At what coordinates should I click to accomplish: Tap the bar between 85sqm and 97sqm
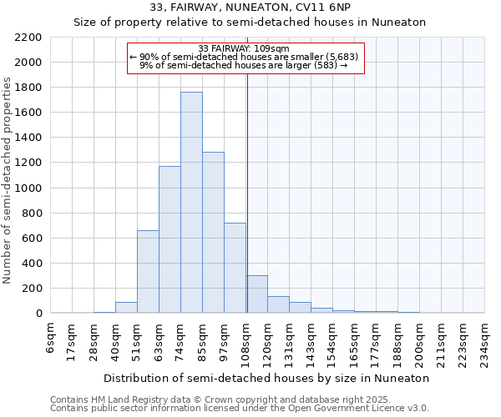click(x=213, y=233)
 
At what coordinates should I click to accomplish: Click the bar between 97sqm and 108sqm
click(x=235, y=268)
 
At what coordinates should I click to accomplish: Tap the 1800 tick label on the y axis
click(x=28, y=88)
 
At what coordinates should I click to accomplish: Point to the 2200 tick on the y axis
click(x=28, y=38)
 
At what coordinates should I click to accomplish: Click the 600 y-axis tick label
click(x=32, y=239)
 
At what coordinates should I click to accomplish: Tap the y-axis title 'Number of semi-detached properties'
click(x=8, y=180)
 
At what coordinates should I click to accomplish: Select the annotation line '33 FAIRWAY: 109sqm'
click(x=245, y=48)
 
